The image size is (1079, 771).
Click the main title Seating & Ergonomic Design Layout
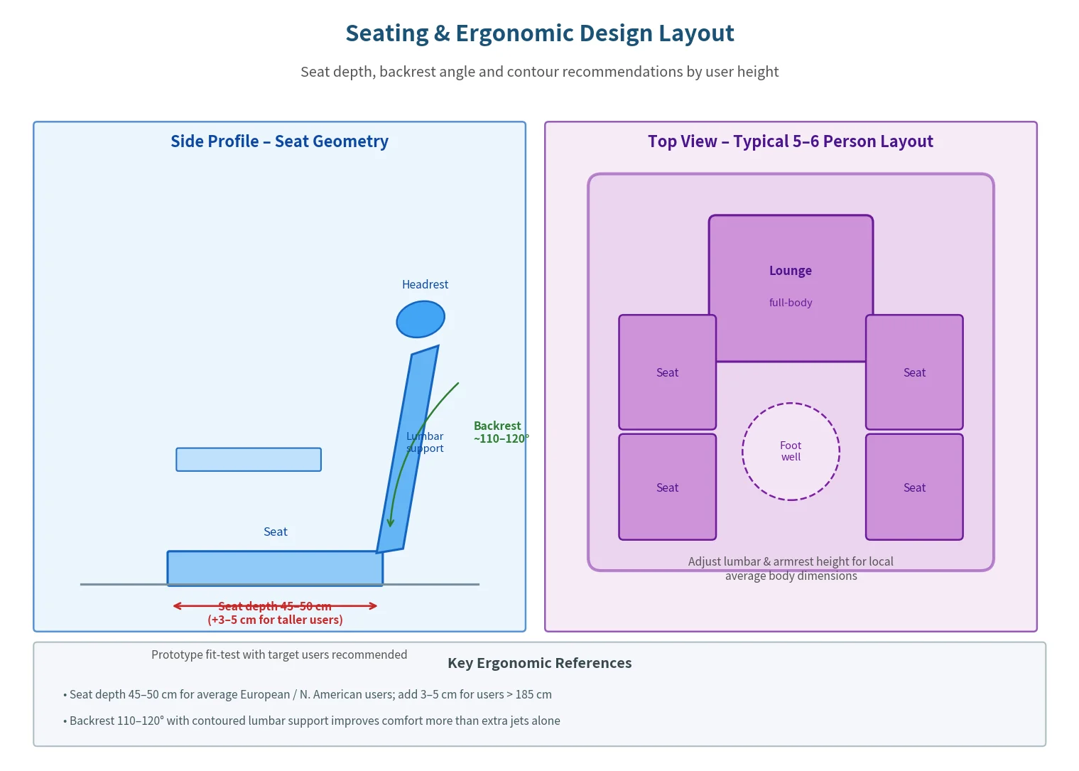(540, 33)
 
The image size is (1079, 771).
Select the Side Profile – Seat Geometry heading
(279, 141)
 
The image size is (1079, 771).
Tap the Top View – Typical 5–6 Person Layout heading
(791, 141)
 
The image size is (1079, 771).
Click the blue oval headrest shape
(421, 319)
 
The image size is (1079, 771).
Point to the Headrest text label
(425, 284)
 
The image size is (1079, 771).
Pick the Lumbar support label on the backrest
(425, 442)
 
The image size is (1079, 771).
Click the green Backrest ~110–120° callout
(501, 432)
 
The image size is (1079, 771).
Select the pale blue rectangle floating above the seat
(249, 459)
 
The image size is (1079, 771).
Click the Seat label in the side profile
(276, 532)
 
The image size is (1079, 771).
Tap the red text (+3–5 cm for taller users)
(275, 620)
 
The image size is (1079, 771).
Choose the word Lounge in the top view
(791, 270)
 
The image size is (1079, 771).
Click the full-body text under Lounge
(791, 303)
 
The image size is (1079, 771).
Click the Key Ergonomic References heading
(540, 663)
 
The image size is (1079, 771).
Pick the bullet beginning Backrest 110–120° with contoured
(312, 721)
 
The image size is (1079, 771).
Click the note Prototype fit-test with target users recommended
(279, 654)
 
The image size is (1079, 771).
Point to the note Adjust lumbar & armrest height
(791, 568)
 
